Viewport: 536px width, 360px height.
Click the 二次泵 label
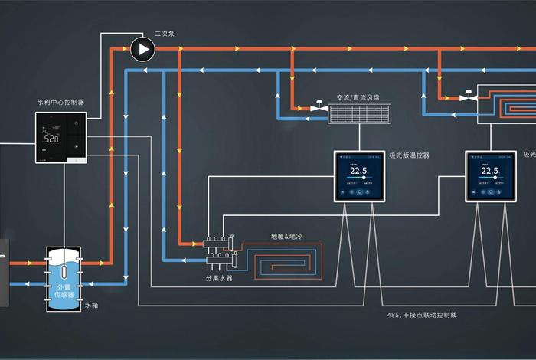[x=165, y=34]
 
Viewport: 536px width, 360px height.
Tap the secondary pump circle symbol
[x=142, y=50]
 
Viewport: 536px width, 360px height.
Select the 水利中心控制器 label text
[x=60, y=102]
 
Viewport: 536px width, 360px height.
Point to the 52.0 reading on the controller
[x=51, y=139]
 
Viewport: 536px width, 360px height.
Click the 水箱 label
[x=91, y=305]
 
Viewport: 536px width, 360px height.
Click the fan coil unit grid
[x=360, y=114]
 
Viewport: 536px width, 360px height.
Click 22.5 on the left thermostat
[x=359, y=171]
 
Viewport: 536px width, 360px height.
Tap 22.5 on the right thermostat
[x=491, y=171]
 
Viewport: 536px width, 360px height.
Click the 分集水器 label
[x=219, y=278]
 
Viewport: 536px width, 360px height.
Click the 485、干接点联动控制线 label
[x=422, y=315]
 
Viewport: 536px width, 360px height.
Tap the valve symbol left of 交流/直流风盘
[x=315, y=106]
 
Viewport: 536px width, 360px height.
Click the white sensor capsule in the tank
[x=64, y=269]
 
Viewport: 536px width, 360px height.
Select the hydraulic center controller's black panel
[x=60, y=138]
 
